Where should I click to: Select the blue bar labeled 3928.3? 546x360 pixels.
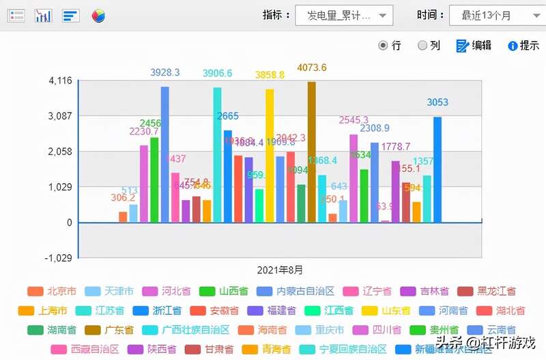pos(165,154)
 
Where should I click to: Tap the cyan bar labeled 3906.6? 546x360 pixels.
pos(217,154)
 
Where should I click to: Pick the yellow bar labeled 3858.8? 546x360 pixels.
pos(270,155)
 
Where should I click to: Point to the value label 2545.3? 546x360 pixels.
pos(354,120)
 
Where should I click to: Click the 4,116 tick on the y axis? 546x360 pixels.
pos(61,81)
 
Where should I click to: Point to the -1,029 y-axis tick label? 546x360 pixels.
pos(59,258)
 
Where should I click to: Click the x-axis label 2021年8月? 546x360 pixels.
pos(280,270)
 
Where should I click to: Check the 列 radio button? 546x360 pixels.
pos(422,45)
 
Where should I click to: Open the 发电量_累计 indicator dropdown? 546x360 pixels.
pos(343,15)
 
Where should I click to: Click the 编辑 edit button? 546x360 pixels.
pos(473,45)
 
